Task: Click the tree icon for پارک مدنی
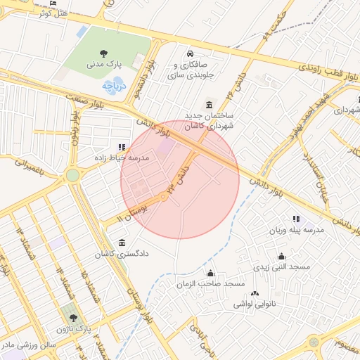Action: (x=104, y=53)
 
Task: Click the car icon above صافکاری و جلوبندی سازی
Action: (x=190, y=54)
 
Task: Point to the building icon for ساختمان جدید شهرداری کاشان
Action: (x=209, y=104)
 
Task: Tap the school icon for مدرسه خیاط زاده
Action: (x=122, y=148)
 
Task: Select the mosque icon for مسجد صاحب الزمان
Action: (x=210, y=274)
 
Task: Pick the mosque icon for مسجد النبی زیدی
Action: (x=281, y=257)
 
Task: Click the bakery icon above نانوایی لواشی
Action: (x=255, y=293)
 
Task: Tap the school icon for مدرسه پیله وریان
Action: (x=295, y=219)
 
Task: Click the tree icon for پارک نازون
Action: (x=72, y=319)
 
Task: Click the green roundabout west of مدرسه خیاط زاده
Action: (x=73, y=175)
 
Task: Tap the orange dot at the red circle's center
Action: (x=164, y=197)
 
